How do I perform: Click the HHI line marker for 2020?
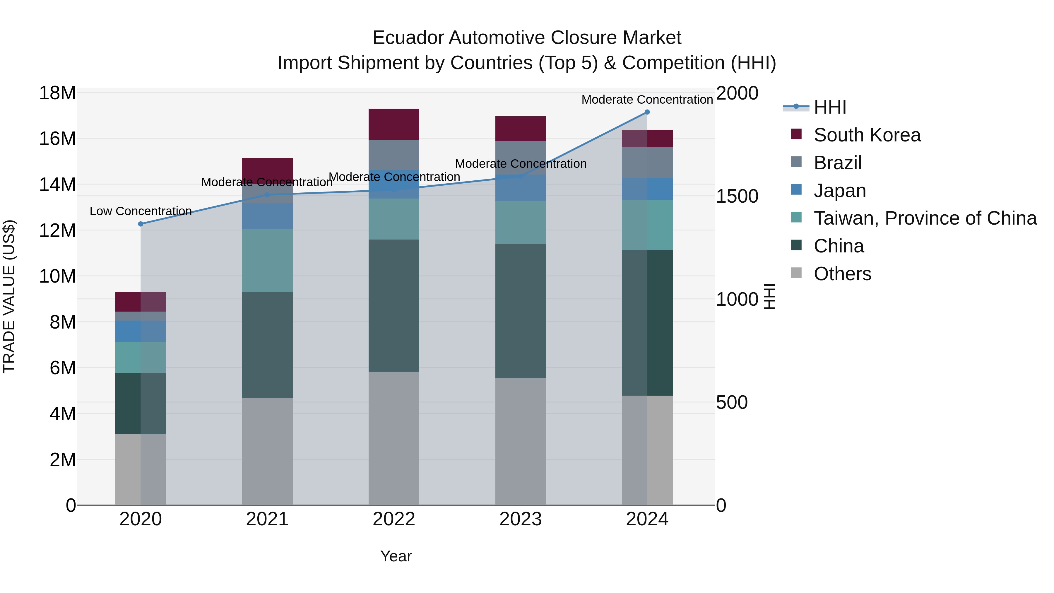141,224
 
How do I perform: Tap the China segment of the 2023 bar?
521,311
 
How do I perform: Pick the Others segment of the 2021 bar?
267,451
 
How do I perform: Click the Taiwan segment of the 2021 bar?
267,260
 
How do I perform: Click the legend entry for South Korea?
867,135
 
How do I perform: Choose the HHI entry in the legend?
829,107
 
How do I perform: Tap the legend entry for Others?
842,274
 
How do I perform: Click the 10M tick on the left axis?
57,276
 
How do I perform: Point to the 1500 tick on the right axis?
737,196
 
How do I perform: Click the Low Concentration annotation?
141,211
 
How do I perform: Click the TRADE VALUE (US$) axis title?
9,296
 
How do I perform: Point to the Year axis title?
396,556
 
